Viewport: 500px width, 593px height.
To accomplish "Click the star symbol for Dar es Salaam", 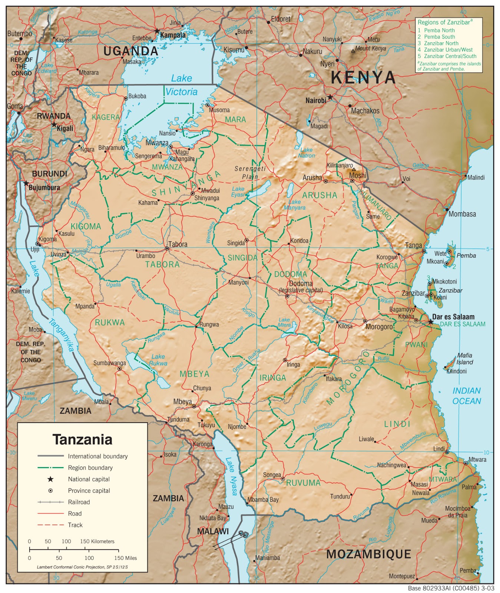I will (430, 322).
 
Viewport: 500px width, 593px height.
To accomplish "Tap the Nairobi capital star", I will (330, 97).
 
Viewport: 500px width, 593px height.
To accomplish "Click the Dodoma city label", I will (301, 284).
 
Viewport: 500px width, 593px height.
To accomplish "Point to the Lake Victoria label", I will (182, 85).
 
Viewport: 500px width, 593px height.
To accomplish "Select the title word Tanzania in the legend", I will (82, 439).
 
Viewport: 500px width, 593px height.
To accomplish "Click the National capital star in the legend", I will (50, 479).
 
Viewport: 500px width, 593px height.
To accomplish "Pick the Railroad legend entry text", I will (79, 502).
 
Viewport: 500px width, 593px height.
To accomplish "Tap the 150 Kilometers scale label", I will (97, 541).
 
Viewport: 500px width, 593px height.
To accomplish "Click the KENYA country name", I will (363, 77).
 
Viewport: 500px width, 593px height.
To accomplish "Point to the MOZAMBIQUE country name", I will (368, 554).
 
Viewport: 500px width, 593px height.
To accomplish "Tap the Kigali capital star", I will (54, 125).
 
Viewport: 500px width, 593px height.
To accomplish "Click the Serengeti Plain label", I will (250, 173).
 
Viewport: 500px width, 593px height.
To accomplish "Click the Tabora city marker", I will (167, 249).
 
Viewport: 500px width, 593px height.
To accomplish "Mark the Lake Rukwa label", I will (158, 360).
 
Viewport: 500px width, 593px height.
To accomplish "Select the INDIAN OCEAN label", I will (466, 396).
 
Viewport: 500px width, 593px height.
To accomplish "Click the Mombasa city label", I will (462, 214).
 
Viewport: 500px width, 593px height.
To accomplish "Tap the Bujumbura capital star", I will (26, 183).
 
